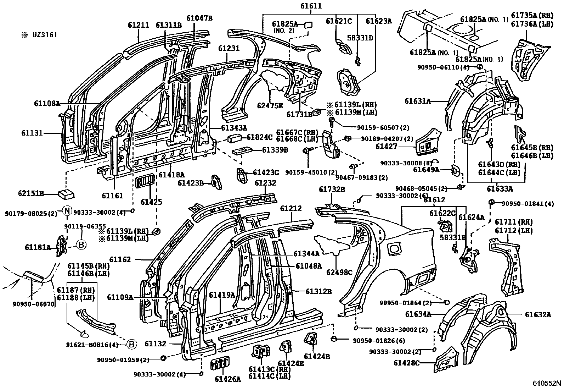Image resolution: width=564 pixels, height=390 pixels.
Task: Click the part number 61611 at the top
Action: [311, 6]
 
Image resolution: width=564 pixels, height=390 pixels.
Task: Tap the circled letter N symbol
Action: [67, 212]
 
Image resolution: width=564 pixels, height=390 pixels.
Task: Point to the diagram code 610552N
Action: [547, 384]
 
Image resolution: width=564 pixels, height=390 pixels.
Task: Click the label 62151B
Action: [31, 194]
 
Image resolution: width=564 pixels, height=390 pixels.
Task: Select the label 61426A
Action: [227, 379]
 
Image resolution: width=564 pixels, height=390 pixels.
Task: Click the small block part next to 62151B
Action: [66, 194]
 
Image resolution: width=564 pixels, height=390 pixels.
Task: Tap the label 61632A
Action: [538, 314]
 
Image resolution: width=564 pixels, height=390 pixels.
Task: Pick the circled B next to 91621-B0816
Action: [131, 344]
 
